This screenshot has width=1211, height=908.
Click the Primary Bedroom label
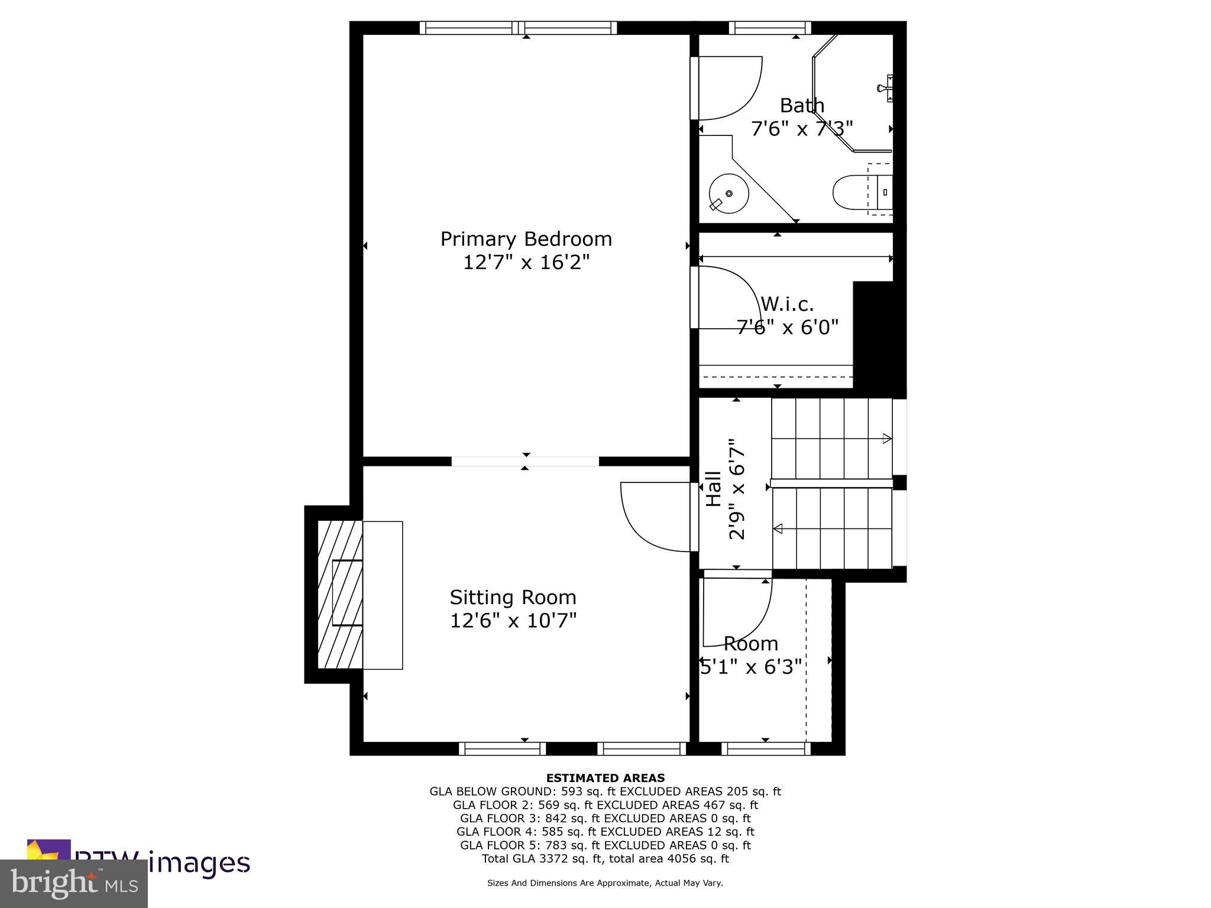click(x=526, y=239)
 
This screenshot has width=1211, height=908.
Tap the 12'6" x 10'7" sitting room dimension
click(x=513, y=621)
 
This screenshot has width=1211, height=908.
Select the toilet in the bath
click(x=857, y=192)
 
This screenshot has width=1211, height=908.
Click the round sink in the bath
click(x=728, y=193)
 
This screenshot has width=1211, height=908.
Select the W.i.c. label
click(x=787, y=304)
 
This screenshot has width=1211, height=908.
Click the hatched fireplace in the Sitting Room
click(x=340, y=594)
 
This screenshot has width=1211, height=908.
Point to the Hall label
click(x=714, y=488)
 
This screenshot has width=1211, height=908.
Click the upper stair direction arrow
click(x=886, y=438)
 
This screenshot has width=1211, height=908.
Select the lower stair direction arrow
click(x=778, y=528)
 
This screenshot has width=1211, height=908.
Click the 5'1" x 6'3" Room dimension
click(x=751, y=667)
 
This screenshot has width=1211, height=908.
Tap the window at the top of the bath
click(x=769, y=28)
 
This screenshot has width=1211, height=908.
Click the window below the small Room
click(x=766, y=749)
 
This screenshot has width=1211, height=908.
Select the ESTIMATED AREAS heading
click(x=605, y=778)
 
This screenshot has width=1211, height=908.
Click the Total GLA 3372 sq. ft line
click(x=605, y=859)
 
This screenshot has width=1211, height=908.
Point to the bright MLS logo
click(x=74, y=884)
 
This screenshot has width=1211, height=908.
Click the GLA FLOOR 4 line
click(x=605, y=832)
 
